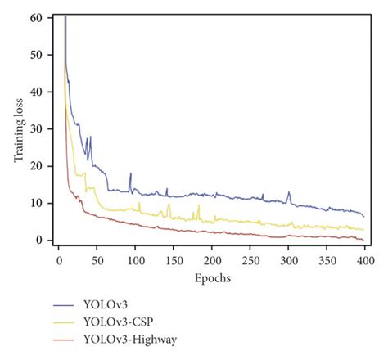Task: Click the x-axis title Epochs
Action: (x=212, y=278)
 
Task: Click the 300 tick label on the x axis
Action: (x=250, y=259)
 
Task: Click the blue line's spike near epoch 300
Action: (x=288, y=192)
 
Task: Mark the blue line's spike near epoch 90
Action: (x=129, y=173)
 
